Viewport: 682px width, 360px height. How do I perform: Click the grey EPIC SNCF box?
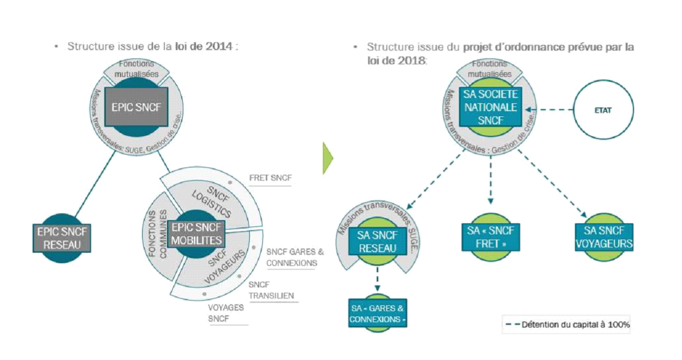(136, 106)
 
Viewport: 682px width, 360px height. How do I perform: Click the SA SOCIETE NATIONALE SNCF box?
(490, 107)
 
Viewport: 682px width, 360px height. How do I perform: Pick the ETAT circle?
(603, 111)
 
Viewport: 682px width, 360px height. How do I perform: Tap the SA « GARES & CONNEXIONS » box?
(378, 313)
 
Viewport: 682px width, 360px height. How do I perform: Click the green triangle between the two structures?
(328, 157)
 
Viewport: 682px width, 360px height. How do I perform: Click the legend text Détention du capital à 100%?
(575, 325)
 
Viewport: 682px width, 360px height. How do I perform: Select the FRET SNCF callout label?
(270, 179)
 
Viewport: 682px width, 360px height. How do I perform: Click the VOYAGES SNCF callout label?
(226, 313)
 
